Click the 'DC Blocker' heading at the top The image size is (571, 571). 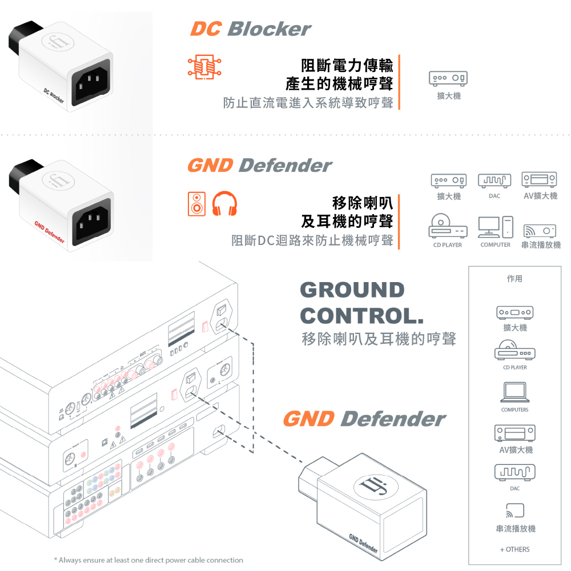(251, 29)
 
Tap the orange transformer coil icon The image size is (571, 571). (204, 67)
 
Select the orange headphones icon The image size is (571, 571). (224, 204)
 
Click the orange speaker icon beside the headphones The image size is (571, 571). (196, 204)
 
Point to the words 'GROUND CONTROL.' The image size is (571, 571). (362, 303)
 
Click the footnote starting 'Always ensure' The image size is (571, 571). (148, 560)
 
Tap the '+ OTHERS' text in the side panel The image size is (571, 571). (514, 549)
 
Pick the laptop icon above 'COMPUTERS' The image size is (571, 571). (514, 392)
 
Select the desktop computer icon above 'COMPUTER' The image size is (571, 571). (496, 227)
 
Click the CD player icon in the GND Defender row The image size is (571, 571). (448, 226)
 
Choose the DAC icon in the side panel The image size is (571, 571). (514, 472)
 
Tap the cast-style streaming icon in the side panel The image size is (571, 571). (514, 510)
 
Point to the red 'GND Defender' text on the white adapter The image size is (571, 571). (50, 232)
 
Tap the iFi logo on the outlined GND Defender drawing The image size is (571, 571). (376, 486)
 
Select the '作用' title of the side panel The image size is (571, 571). (514, 279)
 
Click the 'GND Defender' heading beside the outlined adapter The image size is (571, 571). (364, 419)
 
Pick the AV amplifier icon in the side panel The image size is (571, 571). (514, 433)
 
